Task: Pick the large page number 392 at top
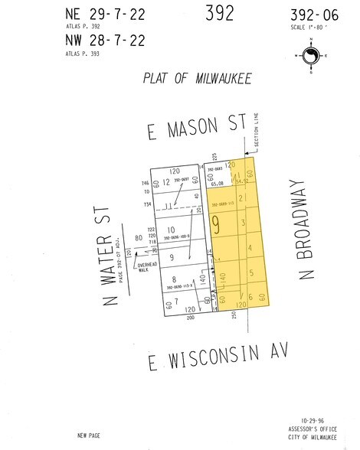(221, 13)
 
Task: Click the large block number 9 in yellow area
(217, 226)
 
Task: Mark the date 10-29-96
(314, 421)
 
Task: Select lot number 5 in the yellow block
(251, 273)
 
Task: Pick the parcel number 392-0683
(214, 168)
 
